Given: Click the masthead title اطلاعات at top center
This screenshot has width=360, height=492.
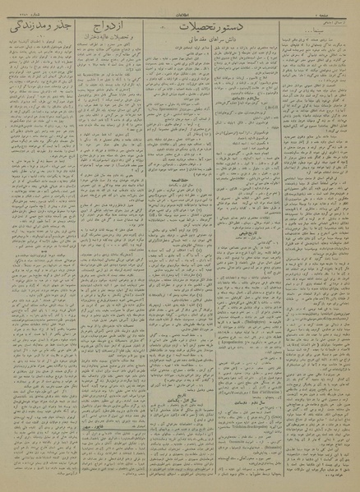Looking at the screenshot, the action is click(x=180, y=6).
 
